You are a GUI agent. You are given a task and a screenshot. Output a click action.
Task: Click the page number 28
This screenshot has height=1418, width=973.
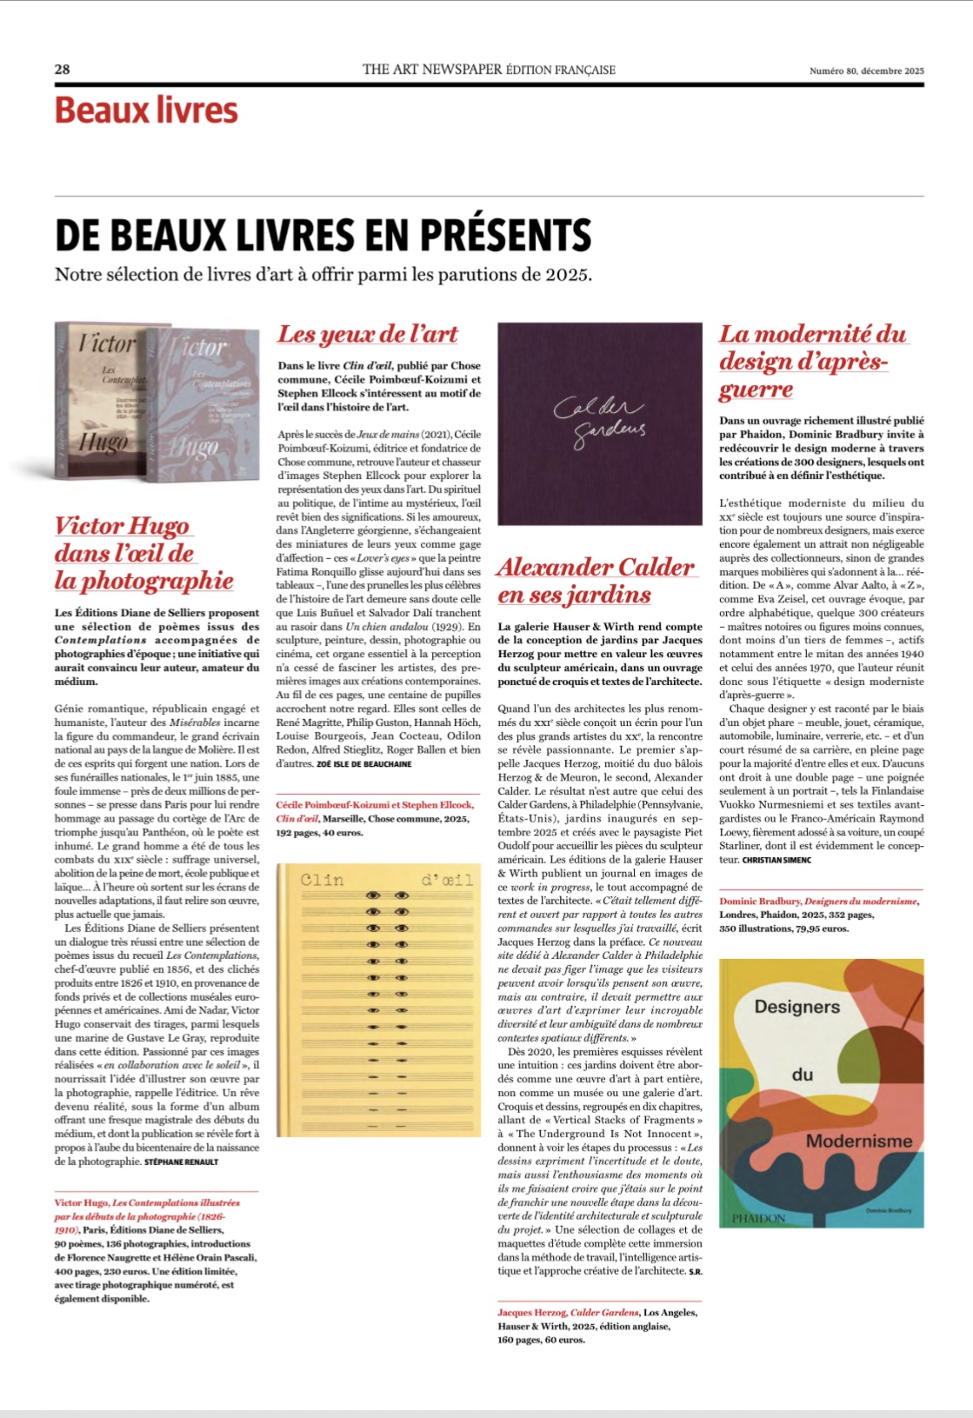point(62,70)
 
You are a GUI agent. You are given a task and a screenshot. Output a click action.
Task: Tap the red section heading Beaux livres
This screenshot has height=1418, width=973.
point(146,111)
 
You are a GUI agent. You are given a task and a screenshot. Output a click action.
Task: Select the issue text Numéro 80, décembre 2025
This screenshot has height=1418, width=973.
point(866,71)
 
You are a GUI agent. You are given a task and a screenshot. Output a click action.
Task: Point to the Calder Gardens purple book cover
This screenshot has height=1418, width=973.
point(599,423)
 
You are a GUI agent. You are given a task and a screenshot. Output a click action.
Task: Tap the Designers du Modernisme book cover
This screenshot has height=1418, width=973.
point(822,1093)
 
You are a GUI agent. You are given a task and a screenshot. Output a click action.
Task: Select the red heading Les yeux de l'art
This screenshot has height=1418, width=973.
point(368,335)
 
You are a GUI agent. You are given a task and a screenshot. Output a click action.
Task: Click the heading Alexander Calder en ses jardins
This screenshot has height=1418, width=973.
point(596,581)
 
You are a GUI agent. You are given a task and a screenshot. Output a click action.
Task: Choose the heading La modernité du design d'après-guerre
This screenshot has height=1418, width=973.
point(812,361)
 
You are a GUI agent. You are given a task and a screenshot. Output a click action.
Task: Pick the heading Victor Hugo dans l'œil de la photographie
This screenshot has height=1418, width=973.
point(143,553)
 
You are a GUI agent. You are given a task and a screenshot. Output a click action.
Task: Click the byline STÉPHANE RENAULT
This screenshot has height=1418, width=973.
point(181,1162)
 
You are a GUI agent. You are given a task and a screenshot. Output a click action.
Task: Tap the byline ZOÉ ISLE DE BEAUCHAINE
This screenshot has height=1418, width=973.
point(363,764)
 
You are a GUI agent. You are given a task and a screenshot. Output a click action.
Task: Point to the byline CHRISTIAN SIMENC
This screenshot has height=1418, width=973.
point(776,860)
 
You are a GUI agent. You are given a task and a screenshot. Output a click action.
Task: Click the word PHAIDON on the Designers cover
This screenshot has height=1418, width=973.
point(758,1218)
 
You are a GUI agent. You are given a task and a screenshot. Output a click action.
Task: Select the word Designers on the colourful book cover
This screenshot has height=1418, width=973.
point(796,1007)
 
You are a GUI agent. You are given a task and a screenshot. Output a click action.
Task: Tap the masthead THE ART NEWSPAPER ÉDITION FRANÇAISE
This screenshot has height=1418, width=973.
point(489,70)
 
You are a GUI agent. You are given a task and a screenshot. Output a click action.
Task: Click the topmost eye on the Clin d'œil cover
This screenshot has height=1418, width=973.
point(375,895)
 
